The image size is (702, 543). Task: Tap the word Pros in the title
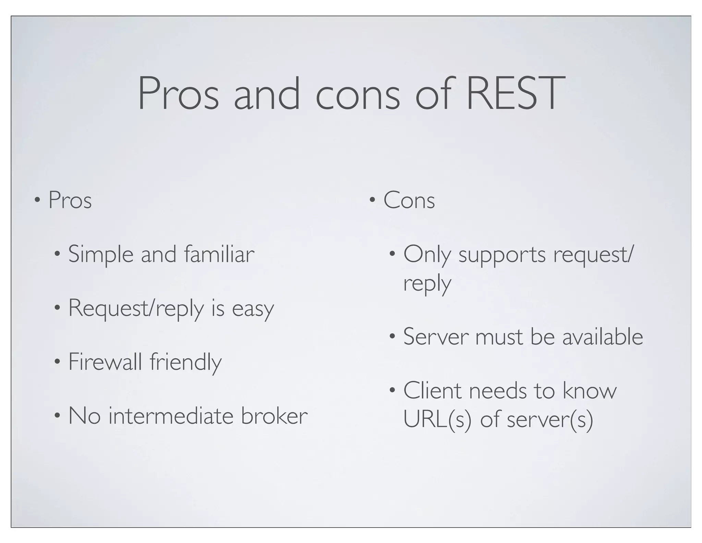[178, 93]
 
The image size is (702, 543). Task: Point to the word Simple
[101, 255]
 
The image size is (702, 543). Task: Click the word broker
[274, 416]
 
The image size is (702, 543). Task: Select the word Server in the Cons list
[436, 337]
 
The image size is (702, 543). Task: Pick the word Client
[432, 391]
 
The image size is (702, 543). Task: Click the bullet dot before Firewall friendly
[57, 361]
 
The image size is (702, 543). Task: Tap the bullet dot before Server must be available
[392, 336]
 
